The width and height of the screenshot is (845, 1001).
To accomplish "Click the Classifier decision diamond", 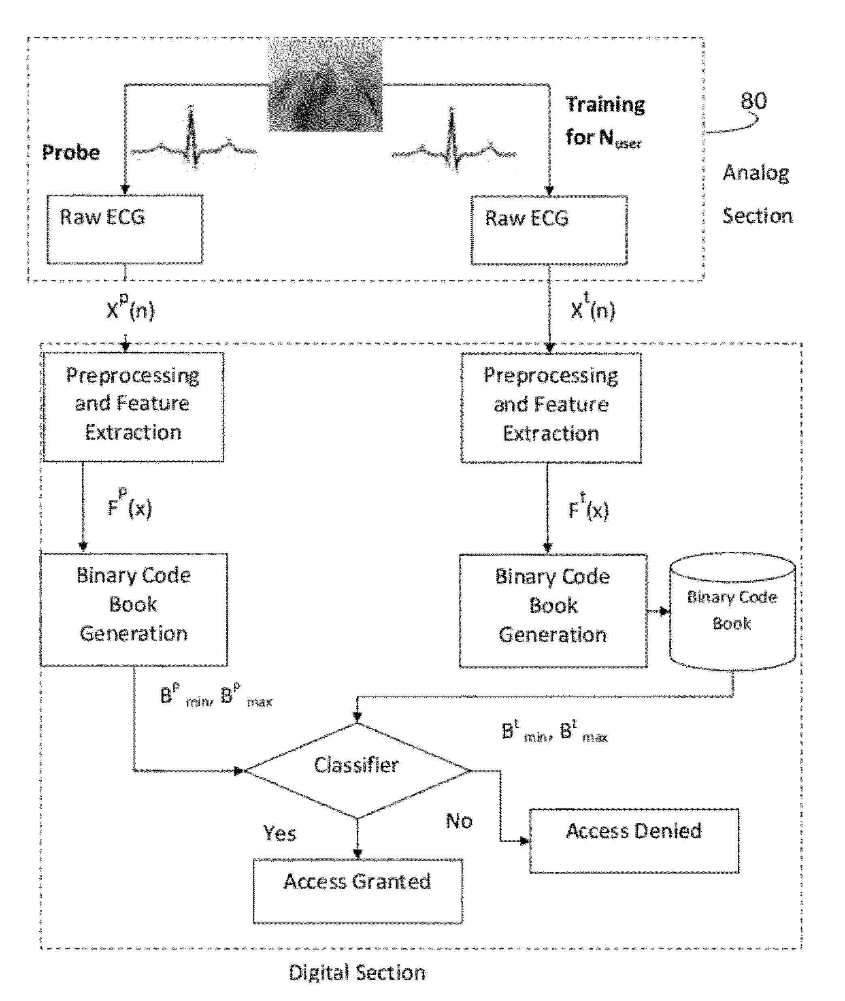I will point(357,771).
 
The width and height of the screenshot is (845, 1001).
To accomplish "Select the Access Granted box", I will point(358,891).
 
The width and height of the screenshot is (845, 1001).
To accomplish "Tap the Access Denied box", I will point(634,841).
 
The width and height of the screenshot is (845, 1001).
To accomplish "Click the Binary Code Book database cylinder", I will point(732,611).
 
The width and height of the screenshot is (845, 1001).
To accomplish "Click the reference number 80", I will point(753,101).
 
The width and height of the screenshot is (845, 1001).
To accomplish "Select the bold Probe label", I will point(71,153).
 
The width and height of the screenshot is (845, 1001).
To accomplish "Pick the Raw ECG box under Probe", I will point(125,229).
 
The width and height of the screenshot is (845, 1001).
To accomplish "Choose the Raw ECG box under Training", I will point(549,230).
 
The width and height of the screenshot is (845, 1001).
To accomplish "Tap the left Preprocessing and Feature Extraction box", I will point(133,407).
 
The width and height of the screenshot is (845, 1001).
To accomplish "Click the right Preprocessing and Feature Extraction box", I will point(551,408).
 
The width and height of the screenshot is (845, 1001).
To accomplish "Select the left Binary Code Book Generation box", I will point(134,610).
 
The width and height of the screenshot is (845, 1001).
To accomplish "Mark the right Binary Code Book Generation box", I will point(553,611).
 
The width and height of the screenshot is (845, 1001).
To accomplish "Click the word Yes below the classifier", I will point(280,834).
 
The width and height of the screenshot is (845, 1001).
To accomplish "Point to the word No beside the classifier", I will point(459,821).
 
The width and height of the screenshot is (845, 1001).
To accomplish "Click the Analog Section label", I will point(757,194).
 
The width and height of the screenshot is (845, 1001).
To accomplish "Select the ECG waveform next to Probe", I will point(193,139).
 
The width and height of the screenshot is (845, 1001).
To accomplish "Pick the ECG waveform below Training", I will point(453,142).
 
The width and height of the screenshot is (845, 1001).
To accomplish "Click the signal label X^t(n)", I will point(593,309).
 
